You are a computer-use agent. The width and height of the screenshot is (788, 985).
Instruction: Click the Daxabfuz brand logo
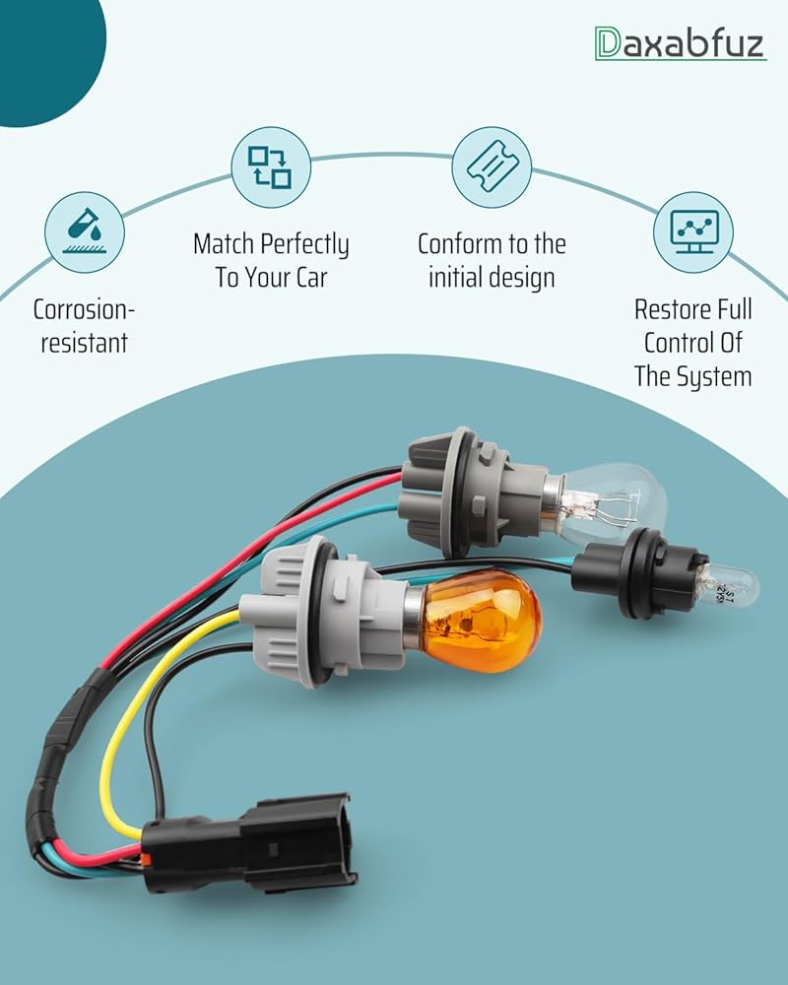pyautogui.click(x=680, y=42)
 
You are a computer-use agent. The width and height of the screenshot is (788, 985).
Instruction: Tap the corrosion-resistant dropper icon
pyautogui.click(x=85, y=231)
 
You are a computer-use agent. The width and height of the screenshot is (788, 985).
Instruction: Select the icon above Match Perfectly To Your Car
pyautogui.click(x=271, y=167)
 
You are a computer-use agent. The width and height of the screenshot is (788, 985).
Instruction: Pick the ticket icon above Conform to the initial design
pyautogui.click(x=492, y=166)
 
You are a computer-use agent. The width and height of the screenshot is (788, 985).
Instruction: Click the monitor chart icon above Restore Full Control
pyautogui.click(x=693, y=231)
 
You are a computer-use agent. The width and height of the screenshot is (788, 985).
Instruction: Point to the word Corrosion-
pyautogui.click(x=85, y=310)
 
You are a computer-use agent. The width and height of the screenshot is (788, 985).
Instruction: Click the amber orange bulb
pyautogui.click(x=480, y=621)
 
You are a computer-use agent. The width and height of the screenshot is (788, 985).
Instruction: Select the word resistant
pyautogui.click(x=85, y=344)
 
